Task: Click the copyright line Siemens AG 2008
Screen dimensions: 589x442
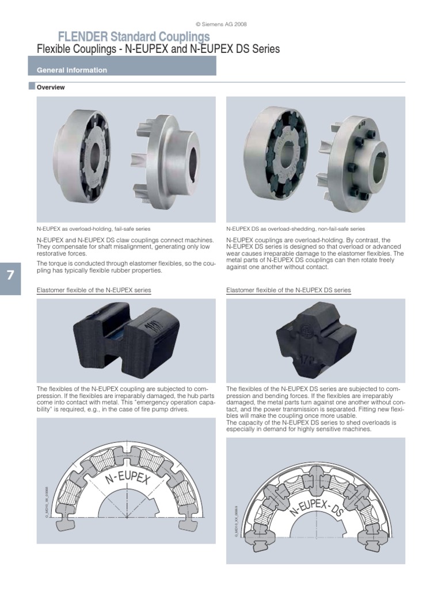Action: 221,24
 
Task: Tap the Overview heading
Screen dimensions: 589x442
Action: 51,87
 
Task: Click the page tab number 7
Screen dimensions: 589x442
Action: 10,275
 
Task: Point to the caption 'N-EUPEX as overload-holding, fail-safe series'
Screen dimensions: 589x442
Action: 93,228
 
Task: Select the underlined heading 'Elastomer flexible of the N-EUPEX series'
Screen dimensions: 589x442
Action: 94,290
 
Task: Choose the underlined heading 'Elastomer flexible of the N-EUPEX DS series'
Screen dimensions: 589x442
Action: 288,290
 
